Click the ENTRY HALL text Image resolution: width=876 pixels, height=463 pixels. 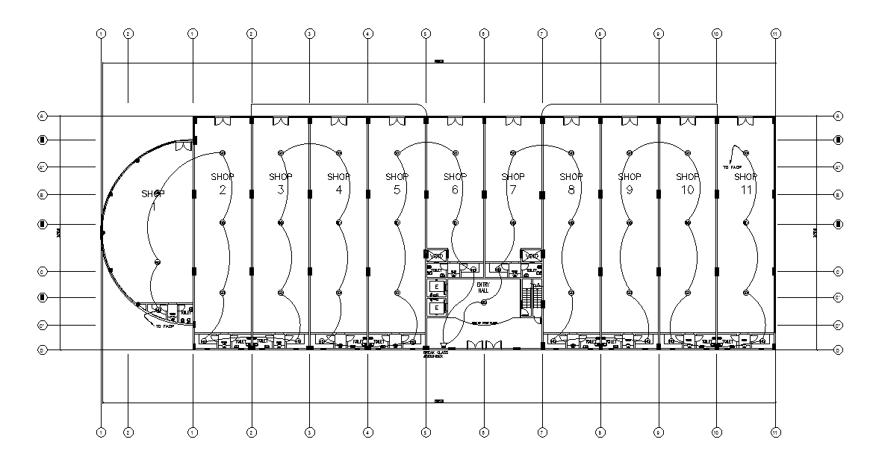point(482,288)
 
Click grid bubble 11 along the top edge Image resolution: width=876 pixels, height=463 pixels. point(775,34)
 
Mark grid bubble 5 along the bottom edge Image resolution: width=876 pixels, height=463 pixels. point(426,432)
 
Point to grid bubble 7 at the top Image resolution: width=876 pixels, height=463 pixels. point(542,34)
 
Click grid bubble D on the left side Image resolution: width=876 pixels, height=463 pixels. point(43,349)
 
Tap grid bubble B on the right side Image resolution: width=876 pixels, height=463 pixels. point(839,195)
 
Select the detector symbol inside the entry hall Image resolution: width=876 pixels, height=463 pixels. point(483,302)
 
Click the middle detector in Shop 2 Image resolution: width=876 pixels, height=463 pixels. point(223,223)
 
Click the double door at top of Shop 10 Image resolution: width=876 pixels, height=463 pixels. point(687,121)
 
